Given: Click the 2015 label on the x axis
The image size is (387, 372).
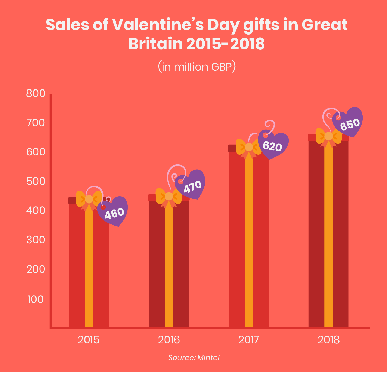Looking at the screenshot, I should (x=89, y=340).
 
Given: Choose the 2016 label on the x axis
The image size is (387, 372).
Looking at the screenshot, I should (x=169, y=340).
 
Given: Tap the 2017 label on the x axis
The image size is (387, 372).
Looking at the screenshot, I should (x=249, y=340).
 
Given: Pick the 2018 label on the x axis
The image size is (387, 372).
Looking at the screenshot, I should (x=329, y=340).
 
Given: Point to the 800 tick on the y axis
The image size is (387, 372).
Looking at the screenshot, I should (x=36, y=94).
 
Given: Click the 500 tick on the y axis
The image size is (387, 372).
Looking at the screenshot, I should (x=36, y=182).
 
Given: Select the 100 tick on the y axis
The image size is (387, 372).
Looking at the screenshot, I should (x=36, y=299).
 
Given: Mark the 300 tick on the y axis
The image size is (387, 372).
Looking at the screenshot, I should (x=36, y=240).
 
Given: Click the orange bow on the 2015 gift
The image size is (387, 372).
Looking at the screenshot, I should (x=89, y=199).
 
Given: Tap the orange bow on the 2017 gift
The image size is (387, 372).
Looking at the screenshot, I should (x=249, y=147).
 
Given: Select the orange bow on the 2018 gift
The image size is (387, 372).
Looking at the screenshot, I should (x=329, y=136).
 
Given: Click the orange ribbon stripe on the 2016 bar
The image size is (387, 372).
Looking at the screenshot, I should (x=169, y=268).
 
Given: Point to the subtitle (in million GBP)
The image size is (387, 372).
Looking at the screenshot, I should (x=197, y=67).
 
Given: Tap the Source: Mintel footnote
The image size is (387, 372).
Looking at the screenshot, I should (x=194, y=357).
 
